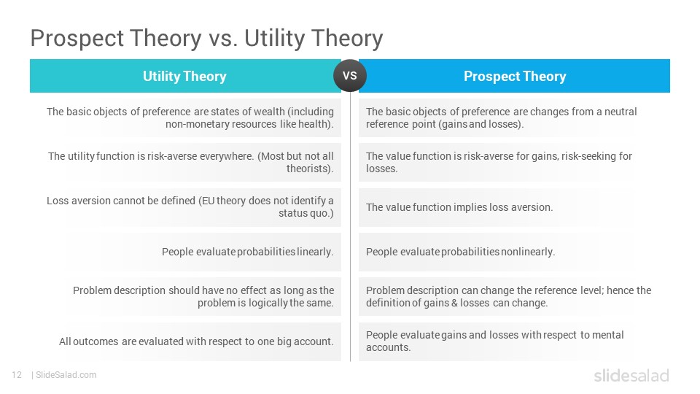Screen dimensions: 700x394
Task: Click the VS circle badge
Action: click(x=350, y=75)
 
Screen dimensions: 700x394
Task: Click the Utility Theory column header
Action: click(x=185, y=76)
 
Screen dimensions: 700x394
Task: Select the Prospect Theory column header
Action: click(x=514, y=76)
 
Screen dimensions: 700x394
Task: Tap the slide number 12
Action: click(x=17, y=375)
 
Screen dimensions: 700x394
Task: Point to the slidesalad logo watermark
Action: click(x=631, y=375)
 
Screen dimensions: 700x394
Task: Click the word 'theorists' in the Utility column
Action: click(x=308, y=169)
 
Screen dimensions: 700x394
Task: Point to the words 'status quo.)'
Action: click(x=306, y=214)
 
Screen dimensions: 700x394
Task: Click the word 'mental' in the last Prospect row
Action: click(x=607, y=335)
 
